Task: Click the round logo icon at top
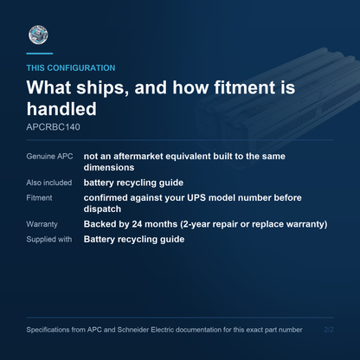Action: pos(38,35)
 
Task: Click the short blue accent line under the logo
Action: pos(40,54)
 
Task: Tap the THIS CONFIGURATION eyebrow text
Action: pos(71,67)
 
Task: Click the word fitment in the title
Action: pos(245,87)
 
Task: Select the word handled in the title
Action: pos(61,109)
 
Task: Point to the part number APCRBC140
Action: pos(53,127)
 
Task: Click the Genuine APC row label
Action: pos(49,157)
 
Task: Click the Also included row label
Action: pos(49,183)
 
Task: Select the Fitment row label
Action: pos(39,198)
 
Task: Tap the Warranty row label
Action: pos(42,224)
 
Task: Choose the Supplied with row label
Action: pos(49,240)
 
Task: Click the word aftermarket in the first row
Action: pos(138,156)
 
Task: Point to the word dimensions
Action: pos(109,167)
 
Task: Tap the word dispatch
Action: pos(102,209)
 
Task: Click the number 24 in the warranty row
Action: pos(137,224)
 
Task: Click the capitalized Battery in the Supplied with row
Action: pos(99,240)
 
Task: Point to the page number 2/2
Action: pos(329,330)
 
